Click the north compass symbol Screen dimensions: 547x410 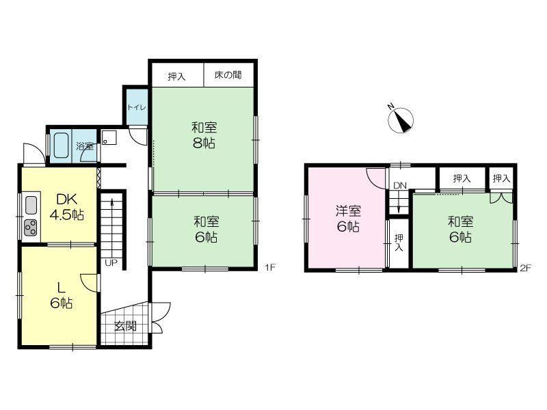pyautogui.click(x=401, y=120)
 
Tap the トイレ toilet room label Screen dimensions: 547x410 pyautogui.click(x=137, y=107)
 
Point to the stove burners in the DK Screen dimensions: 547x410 pyautogui.click(x=31, y=228)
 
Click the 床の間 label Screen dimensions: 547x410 pyautogui.click(x=228, y=74)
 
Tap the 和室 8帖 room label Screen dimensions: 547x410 pyautogui.click(x=204, y=135)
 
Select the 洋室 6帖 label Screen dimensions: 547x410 pyautogui.click(x=348, y=219)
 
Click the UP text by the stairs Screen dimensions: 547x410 pyautogui.click(x=111, y=263)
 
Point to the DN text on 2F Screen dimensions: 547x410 pyautogui.click(x=400, y=185)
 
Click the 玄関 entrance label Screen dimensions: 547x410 pyautogui.click(x=126, y=327)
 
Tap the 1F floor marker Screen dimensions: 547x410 pyautogui.click(x=270, y=267)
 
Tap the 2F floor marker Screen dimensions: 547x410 pyautogui.click(x=525, y=268)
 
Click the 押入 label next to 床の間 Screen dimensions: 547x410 pyautogui.click(x=176, y=77)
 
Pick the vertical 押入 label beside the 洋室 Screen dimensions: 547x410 pyautogui.click(x=399, y=243)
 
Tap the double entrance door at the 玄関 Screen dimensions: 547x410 pyautogui.click(x=161, y=318)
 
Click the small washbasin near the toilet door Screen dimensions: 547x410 pyautogui.click(x=109, y=137)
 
